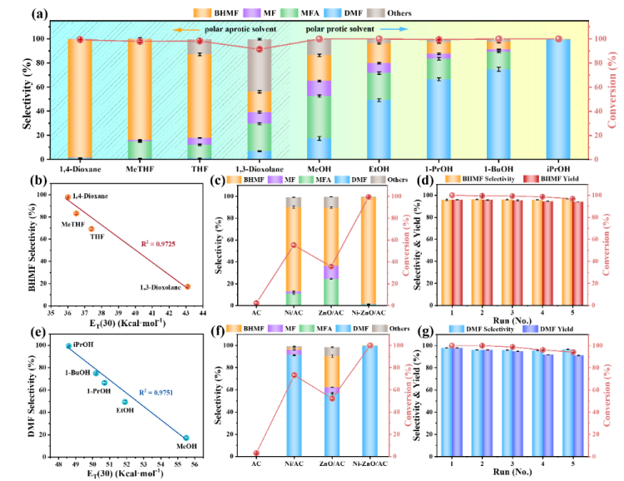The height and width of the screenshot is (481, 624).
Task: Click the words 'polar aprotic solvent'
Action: (x=240, y=29)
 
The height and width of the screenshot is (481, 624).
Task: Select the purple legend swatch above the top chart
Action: (x=251, y=13)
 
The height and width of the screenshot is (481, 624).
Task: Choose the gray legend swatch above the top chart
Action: (x=375, y=13)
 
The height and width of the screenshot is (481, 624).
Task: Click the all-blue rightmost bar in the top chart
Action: (x=558, y=98)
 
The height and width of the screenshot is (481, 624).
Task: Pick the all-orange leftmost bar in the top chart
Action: (x=80, y=98)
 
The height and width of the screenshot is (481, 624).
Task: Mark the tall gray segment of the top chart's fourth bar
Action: (x=260, y=67)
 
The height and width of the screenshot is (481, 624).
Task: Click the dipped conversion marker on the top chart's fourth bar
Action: (x=260, y=49)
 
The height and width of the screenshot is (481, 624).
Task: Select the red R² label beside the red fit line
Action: (x=157, y=244)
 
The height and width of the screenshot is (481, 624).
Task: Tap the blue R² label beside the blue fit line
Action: (x=156, y=392)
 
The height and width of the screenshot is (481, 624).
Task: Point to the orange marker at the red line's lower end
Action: (x=187, y=286)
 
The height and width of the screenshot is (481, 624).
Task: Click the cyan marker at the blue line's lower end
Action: (x=186, y=438)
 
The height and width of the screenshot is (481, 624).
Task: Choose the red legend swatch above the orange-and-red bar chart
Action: (x=531, y=178)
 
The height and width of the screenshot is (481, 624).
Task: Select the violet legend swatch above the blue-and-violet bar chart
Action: (x=530, y=329)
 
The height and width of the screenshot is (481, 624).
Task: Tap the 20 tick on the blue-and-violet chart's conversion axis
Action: (x=597, y=434)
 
